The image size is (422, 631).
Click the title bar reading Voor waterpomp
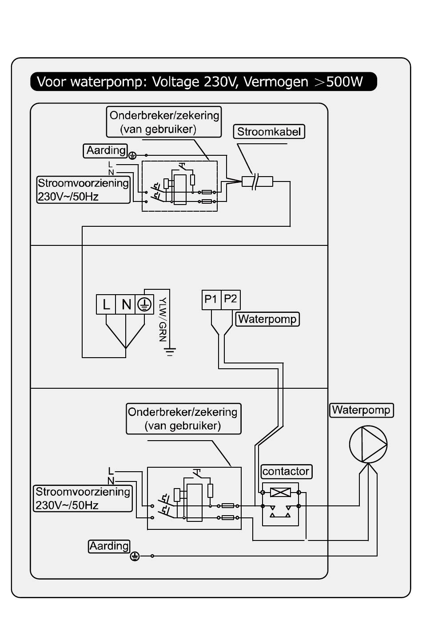[203, 82]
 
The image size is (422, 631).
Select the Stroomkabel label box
[269, 131]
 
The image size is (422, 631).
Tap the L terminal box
[106, 304]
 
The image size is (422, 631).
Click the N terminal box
[125, 304]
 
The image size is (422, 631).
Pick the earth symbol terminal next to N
[144, 304]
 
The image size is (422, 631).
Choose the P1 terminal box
[211, 300]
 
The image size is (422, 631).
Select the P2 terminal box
[231, 300]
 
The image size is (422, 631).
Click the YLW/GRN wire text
[163, 319]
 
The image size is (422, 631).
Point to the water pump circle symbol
[368, 444]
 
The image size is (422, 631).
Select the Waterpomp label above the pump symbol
[361, 410]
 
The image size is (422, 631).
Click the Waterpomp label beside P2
[267, 319]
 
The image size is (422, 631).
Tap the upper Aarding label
[105, 151]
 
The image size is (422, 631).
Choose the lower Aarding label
[109, 546]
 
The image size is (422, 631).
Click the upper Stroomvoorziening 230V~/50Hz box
[84, 190]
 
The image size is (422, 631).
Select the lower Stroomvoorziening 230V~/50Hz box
[83, 498]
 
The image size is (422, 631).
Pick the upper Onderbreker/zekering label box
[164, 122]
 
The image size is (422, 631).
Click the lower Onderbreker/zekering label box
[183, 418]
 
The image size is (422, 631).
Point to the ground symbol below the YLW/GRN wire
[170, 352]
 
